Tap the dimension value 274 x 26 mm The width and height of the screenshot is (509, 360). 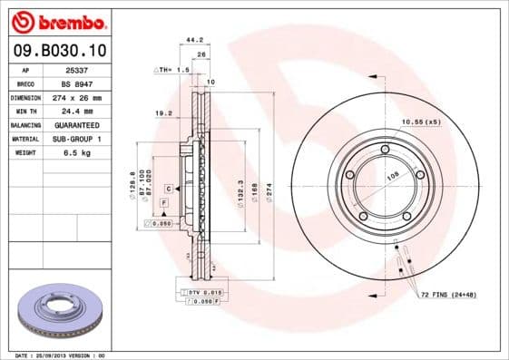tap(76, 96)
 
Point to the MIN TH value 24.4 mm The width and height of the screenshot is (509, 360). tap(76, 110)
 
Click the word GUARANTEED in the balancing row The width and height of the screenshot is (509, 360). tap(76, 124)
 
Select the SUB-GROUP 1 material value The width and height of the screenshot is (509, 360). tap(76, 139)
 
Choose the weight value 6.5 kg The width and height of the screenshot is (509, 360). tap(76, 152)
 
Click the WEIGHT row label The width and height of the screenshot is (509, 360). tap(25, 152)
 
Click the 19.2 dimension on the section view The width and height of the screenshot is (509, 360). tap(165, 114)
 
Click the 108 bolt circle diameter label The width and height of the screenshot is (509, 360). tap(393, 178)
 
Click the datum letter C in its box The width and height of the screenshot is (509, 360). tap(168, 188)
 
